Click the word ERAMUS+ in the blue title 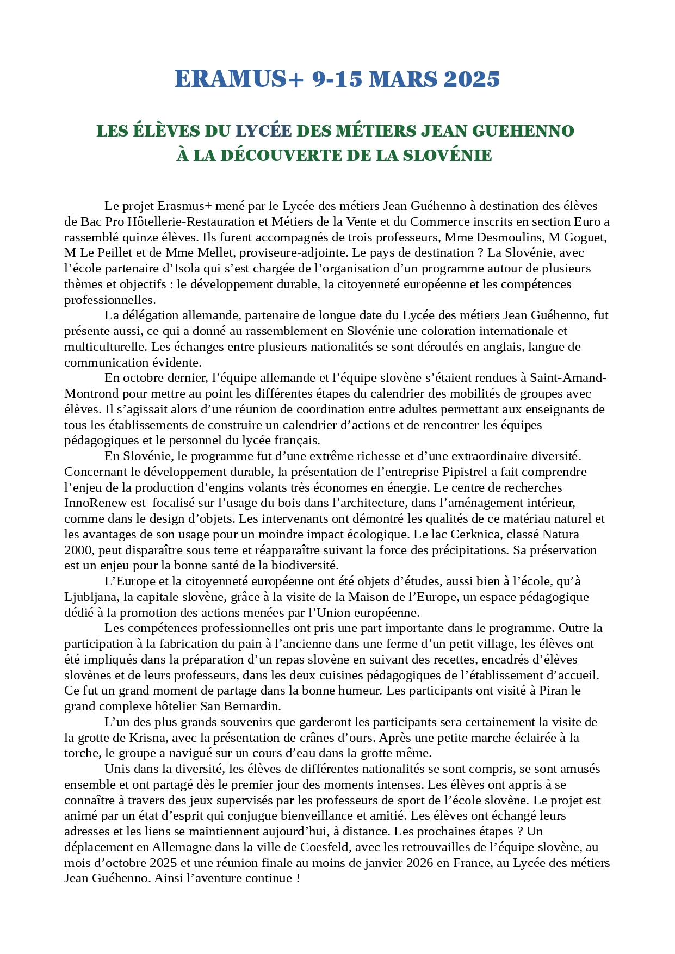click(x=238, y=79)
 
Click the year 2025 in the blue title click(x=472, y=79)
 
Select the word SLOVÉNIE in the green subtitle click(x=447, y=156)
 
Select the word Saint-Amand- click(x=568, y=378)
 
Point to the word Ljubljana click(x=91, y=597)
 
